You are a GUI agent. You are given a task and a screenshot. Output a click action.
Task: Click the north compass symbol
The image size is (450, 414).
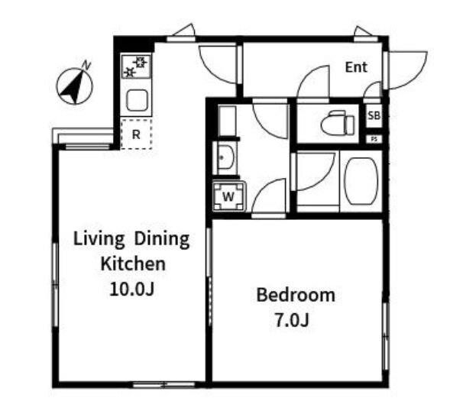(75, 86)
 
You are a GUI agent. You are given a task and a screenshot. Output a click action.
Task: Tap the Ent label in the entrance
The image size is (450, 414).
(356, 67)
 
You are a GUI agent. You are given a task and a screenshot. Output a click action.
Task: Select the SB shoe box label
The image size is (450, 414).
(374, 115)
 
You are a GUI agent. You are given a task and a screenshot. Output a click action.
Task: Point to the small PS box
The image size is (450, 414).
(374, 140)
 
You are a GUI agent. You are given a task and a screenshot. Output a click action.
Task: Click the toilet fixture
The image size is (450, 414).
(338, 124)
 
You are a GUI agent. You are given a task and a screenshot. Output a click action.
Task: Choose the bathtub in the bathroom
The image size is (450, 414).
(361, 181)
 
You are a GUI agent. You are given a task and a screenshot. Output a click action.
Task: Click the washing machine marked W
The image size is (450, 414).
(228, 196)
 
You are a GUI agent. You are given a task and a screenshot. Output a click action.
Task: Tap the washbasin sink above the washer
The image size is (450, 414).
(225, 157)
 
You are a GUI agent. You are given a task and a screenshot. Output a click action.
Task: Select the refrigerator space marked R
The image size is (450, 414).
(136, 134)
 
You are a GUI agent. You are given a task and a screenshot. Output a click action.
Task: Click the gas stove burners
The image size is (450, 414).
(136, 66)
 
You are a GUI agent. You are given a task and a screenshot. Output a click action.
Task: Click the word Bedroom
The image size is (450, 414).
(296, 295)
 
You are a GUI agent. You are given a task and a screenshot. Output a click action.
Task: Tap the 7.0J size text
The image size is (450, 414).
(292, 320)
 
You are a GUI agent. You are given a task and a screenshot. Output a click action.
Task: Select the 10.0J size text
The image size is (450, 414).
(132, 289)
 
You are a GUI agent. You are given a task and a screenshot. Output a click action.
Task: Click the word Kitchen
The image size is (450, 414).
(133, 264)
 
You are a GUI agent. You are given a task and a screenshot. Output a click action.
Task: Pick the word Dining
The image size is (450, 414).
(162, 239)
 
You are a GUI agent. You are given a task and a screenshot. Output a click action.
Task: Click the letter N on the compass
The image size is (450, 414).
(86, 66)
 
